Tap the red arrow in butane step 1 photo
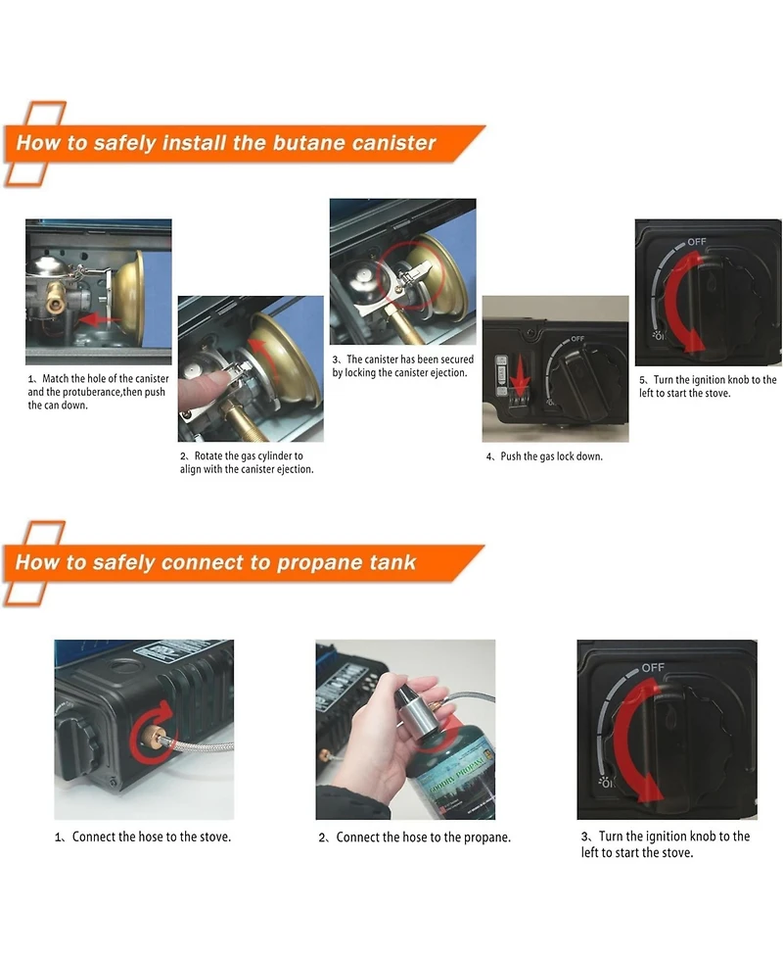100,318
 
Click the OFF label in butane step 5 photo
697,242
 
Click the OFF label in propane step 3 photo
653,668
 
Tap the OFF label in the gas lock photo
576,339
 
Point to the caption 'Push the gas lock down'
551,456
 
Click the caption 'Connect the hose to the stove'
152,837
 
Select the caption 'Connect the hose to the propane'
423,837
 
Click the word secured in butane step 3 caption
454,359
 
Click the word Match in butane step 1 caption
56,379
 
